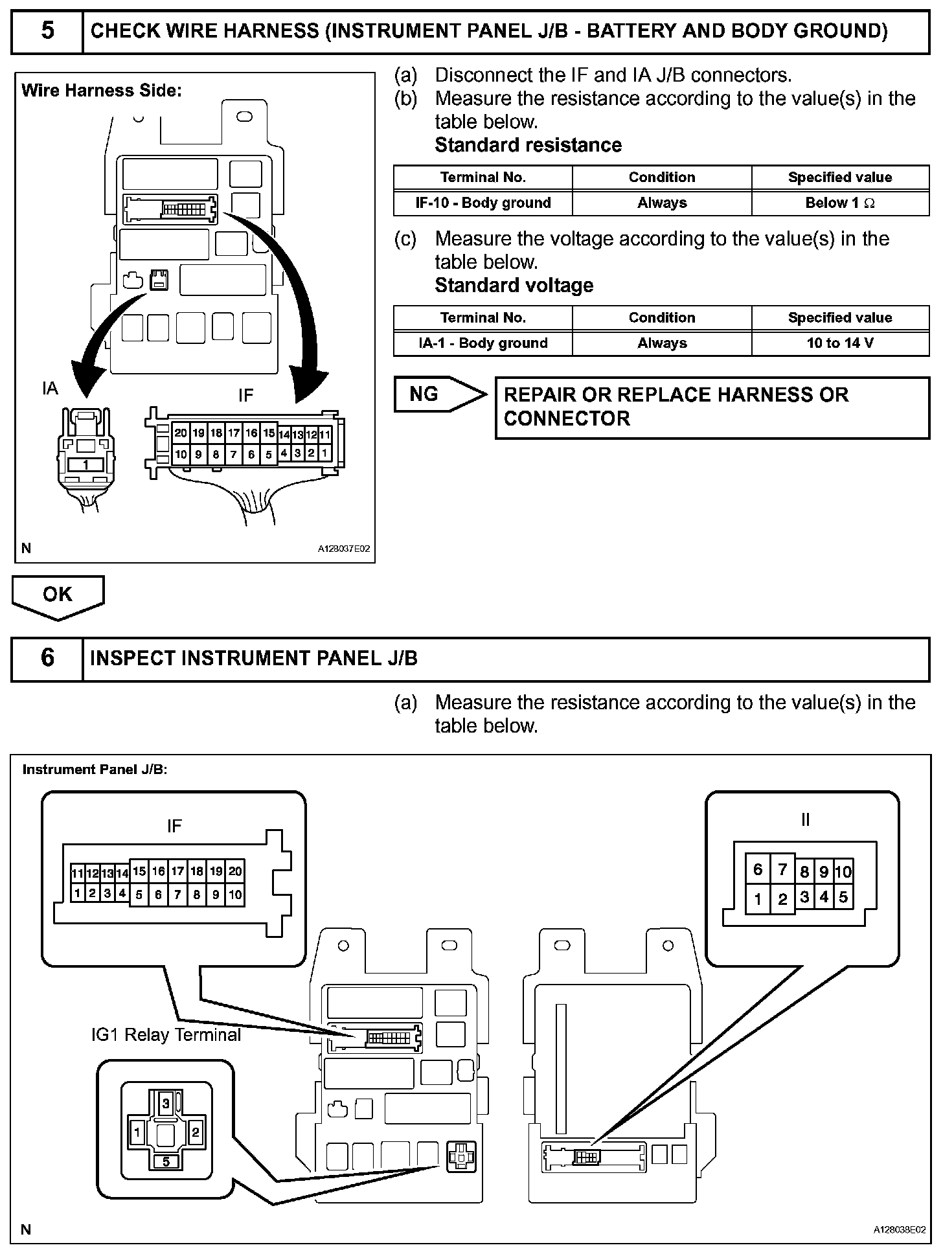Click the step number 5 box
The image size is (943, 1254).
tap(47, 31)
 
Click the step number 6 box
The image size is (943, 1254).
tap(47, 658)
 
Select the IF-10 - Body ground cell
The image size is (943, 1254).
tap(483, 203)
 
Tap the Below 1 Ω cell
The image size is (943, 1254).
tap(840, 203)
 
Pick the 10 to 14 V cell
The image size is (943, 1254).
tap(840, 343)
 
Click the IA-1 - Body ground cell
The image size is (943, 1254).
tap(483, 343)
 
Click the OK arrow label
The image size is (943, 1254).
tap(57, 595)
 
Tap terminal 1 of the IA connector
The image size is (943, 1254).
tap(85, 464)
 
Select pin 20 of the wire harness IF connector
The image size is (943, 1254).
tap(181, 433)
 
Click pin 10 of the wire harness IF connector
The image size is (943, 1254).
tap(181, 455)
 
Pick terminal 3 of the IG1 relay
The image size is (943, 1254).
tap(166, 1102)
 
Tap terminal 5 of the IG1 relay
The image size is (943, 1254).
tap(166, 1161)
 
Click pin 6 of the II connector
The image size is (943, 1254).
tap(757, 869)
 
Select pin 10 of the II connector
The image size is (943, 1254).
tap(843, 872)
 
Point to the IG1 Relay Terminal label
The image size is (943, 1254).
tap(166, 1035)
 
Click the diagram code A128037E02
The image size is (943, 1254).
tap(343, 549)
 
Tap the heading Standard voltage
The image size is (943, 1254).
tap(514, 286)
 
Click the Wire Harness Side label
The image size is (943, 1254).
tap(102, 91)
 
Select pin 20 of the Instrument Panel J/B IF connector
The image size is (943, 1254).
tap(235, 871)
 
